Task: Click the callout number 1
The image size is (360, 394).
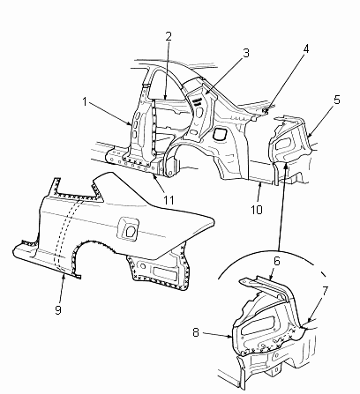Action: tap(85, 102)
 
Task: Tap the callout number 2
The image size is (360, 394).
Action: tap(169, 36)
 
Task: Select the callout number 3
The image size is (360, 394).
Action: tap(246, 53)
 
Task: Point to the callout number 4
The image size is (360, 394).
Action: tap(306, 49)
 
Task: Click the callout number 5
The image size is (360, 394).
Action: tap(337, 100)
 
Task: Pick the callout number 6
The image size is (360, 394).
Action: tap(277, 261)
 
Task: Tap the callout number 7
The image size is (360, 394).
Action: tap(325, 291)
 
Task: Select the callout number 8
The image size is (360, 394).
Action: tap(196, 332)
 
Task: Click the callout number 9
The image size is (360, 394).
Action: tap(58, 309)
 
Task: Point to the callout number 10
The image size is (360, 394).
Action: tap(257, 210)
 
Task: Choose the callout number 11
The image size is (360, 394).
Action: tap(169, 200)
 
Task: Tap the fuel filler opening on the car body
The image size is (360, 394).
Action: tap(220, 134)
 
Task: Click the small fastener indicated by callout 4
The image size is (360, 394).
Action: tap(266, 111)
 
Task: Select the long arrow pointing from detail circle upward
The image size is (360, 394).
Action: tap(281, 207)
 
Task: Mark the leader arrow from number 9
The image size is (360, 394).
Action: tap(62, 288)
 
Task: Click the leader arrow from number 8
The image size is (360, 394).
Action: tap(217, 335)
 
